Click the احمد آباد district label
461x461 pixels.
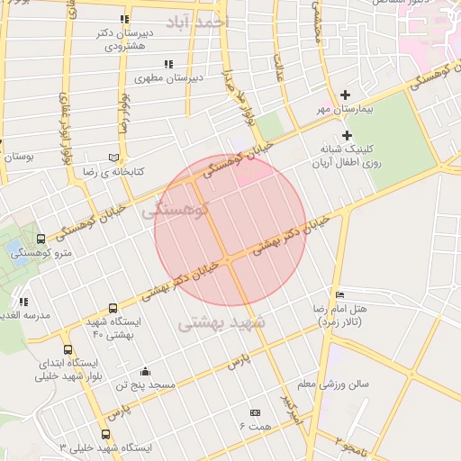pos(197,20)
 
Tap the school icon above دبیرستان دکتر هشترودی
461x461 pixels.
pos(123,19)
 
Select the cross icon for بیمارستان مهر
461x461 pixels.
pos(346,95)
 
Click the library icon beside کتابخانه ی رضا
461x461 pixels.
pos(113,156)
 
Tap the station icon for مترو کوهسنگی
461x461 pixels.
pos(41,239)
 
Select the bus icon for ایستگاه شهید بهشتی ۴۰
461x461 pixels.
pos(113,308)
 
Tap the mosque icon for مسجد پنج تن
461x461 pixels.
pos(145,372)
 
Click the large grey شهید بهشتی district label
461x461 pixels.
pos(221,321)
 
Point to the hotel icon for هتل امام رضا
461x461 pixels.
pos(339,294)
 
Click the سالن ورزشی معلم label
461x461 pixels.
pos(334,384)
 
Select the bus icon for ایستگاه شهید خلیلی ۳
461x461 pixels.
pos(105,434)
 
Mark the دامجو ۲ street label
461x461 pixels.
pos(352,446)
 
